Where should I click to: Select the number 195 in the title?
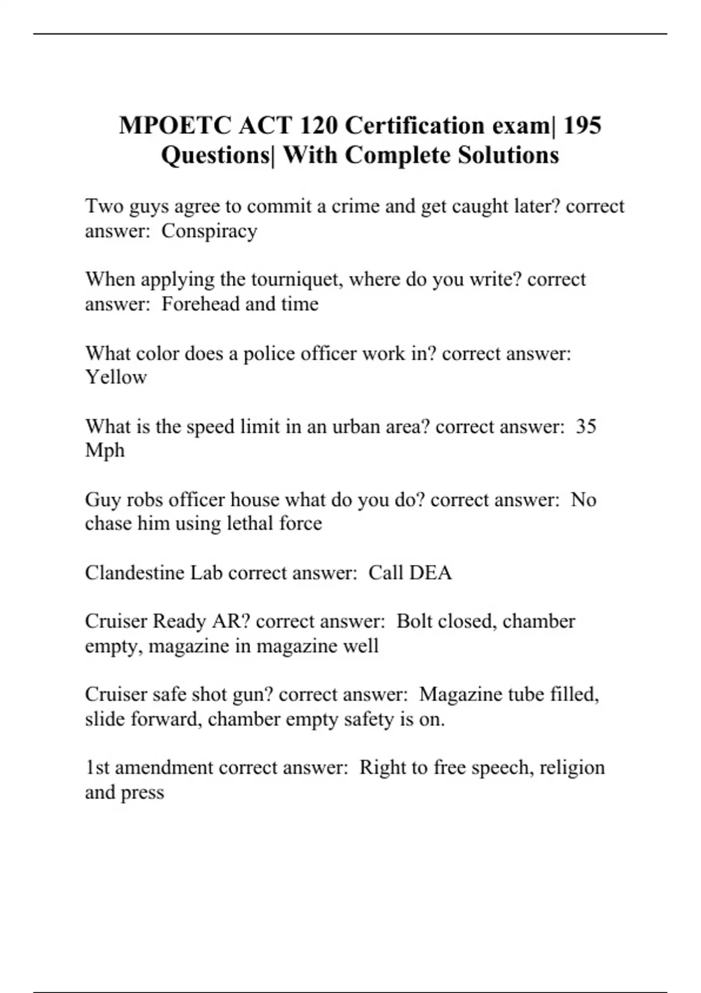pyautogui.click(x=582, y=126)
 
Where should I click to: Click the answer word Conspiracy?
pyautogui.click(x=209, y=231)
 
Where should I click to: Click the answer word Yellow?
pyautogui.click(x=116, y=377)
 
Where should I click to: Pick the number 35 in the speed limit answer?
pyautogui.click(x=586, y=426)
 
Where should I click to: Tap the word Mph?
pyautogui.click(x=105, y=451)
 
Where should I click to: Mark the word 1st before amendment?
pyautogui.click(x=98, y=768)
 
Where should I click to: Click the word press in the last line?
pyautogui.click(x=142, y=793)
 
